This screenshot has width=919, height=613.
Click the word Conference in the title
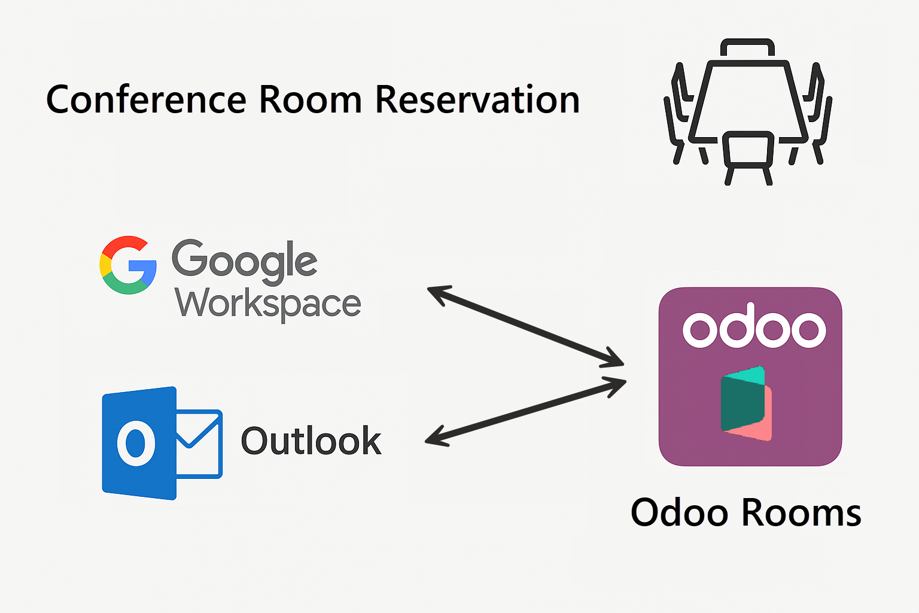tap(146, 99)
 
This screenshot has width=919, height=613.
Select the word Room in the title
tap(310, 99)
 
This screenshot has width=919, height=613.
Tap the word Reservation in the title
tap(477, 99)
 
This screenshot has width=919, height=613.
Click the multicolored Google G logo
tap(128, 265)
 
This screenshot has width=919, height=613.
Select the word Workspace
tap(268, 304)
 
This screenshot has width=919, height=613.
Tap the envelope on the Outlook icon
tap(200, 443)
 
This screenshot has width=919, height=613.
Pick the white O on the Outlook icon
tap(136, 444)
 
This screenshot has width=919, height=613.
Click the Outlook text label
tap(311, 442)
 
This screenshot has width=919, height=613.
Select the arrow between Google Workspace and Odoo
tap(525, 326)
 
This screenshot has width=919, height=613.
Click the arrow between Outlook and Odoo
tap(525, 412)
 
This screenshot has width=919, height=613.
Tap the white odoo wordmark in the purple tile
tap(754, 329)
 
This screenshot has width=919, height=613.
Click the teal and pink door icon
tap(746, 403)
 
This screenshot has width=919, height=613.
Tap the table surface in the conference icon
tap(748, 99)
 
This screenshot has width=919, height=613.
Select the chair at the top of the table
tap(748, 48)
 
